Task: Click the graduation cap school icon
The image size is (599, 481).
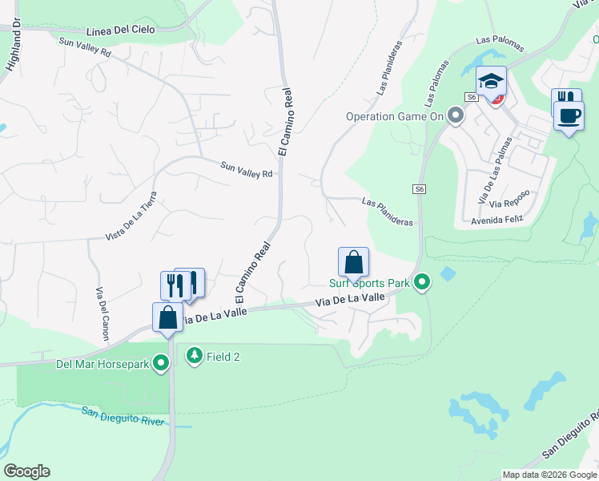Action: pyautogui.click(x=491, y=81)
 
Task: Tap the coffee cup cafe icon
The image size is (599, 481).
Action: pyautogui.click(x=569, y=115)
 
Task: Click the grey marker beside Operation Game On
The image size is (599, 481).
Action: pyautogui.click(x=456, y=116)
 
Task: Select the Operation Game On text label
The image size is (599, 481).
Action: pyautogui.click(x=394, y=116)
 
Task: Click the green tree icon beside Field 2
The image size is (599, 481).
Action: pyautogui.click(x=194, y=355)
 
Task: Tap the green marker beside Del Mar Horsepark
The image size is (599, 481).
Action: pyautogui.click(x=161, y=365)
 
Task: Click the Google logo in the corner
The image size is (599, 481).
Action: pyautogui.click(x=26, y=471)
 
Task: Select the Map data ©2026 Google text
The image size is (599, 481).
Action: pyautogui.click(x=549, y=474)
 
